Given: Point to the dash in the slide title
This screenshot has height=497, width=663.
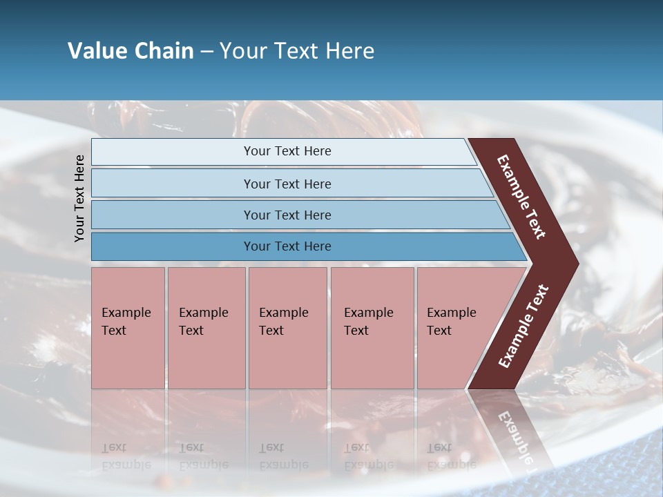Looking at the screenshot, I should [206, 52].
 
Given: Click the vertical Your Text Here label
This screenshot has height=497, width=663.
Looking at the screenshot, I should [79, 198].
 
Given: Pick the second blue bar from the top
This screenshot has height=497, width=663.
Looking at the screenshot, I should [287, 184].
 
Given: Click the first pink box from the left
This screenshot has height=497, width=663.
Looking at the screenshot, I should [128, 328].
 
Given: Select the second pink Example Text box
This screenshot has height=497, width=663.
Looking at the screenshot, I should [206, 328].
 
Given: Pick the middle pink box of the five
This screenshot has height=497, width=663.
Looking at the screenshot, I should [287, 328].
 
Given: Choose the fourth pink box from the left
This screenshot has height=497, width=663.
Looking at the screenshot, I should [372, 328].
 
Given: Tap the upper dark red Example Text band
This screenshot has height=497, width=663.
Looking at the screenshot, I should [522, 196].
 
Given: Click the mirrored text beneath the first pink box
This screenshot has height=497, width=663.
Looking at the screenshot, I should [126, 456].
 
